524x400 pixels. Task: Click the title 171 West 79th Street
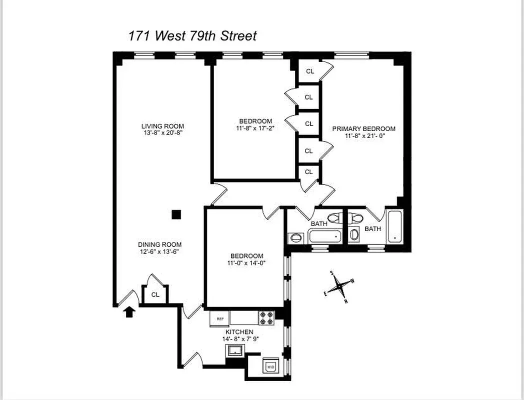point(192,36)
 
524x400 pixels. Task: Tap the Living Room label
point(162,126)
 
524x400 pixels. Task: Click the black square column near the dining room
point(176,214)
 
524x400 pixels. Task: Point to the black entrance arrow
point(129,312)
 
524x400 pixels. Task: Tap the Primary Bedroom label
point(364,128)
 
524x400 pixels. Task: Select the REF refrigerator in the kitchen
point(220,318)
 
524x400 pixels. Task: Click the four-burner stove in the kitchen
point(266,317)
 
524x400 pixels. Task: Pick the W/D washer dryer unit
point(270,366)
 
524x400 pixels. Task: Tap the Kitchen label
point(239,332)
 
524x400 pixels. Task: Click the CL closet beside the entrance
point(155,294)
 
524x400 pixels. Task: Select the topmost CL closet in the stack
point(310,71)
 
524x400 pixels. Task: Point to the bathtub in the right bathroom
point(395,227)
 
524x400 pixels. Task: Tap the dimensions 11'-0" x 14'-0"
point(244,263)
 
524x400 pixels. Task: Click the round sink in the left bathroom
point(295,237)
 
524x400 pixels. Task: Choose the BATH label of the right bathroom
point(372,228)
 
